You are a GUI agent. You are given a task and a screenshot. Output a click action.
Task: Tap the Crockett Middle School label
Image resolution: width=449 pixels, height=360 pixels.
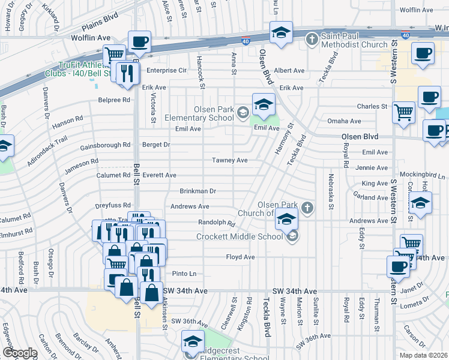click(239, 236)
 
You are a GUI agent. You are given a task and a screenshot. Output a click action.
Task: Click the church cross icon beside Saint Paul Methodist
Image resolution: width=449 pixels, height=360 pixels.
click(312, 40)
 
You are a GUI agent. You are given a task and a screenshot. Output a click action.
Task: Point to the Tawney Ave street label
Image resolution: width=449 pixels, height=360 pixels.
click(229, 161)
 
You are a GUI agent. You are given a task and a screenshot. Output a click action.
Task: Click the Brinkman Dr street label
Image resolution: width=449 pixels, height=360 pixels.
click(197, 191)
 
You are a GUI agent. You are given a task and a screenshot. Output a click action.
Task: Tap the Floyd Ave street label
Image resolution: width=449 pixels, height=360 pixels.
click(241, 257)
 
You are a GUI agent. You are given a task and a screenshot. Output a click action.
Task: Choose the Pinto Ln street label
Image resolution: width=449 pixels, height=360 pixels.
click(184, 274)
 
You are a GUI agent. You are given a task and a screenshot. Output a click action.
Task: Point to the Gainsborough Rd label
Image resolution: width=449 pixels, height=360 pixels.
click(105, 145)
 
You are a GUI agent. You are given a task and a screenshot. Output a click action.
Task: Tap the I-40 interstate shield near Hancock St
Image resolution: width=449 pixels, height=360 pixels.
click(246, 41)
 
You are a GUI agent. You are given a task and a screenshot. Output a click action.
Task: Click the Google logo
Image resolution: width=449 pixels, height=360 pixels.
click(19, 353)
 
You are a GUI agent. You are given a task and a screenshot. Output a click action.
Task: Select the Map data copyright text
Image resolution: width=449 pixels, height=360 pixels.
click(423, 355)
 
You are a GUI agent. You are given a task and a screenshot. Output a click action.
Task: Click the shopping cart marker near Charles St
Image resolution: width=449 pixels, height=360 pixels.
click(403, 112)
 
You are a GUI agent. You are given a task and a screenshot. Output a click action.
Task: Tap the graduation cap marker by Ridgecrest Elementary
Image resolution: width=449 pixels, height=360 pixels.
click(192, 341)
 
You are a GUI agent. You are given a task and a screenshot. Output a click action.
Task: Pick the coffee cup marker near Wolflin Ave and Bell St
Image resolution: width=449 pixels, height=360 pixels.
click(139, 41)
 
